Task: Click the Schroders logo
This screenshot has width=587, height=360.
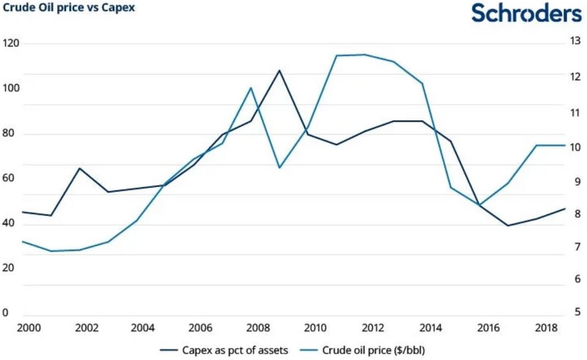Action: [526, 14]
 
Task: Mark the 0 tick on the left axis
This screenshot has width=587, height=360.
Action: [5, 313]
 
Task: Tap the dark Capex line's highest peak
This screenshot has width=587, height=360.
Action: [280, 70]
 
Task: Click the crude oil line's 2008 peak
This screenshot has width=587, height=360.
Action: [251, 88]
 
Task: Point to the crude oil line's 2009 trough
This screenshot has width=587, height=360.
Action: [280, 168]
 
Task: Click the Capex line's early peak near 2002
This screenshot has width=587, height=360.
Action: [79, 168]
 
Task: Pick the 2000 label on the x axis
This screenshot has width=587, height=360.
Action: [27, 327]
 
